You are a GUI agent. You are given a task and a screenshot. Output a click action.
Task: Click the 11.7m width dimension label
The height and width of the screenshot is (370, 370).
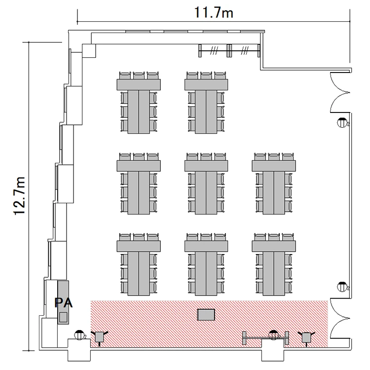[x=214, y=13]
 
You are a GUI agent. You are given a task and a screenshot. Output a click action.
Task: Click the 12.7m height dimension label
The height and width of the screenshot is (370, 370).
[x=19, y=196]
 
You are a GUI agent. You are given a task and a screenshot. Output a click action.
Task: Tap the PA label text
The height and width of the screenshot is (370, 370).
[x=64, y=303]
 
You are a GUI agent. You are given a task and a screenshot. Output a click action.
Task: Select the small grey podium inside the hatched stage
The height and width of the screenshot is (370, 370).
[x=206, y=315]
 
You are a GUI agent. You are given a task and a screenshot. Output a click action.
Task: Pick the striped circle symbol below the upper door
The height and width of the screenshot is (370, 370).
[x=342, y=122]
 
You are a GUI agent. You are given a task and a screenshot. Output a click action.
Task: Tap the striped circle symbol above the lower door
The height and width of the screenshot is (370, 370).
[x=342, y=287]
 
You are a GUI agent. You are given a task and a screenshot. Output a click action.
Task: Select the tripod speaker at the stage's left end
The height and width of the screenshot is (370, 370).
[x=100, y=337]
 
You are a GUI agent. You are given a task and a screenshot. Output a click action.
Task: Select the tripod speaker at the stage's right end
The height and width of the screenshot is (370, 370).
[x=306, y=337]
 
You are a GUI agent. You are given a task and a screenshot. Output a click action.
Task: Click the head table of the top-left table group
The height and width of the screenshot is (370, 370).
[x=139, y=84]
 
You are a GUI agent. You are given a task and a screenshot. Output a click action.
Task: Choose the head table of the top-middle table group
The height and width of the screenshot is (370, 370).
[x=206, y=84]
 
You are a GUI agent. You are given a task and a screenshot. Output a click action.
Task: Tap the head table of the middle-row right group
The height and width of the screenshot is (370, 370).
[x=274, y=166]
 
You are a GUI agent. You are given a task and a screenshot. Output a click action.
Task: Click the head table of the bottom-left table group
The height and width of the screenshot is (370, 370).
[x=139, y=246]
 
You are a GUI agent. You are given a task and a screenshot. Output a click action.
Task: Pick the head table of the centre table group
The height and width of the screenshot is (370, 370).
[x=206, y=166]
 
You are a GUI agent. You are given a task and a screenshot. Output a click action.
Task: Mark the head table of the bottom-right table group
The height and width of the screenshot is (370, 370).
[x=274, y=246]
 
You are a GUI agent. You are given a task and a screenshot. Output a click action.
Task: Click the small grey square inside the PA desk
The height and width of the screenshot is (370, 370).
[x=63, y=317]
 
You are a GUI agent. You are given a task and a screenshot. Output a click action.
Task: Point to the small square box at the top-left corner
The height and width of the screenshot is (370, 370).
[x=89, y=51]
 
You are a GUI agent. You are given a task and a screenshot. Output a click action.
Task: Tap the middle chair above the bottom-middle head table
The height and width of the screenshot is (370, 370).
[x=206, y=237]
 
